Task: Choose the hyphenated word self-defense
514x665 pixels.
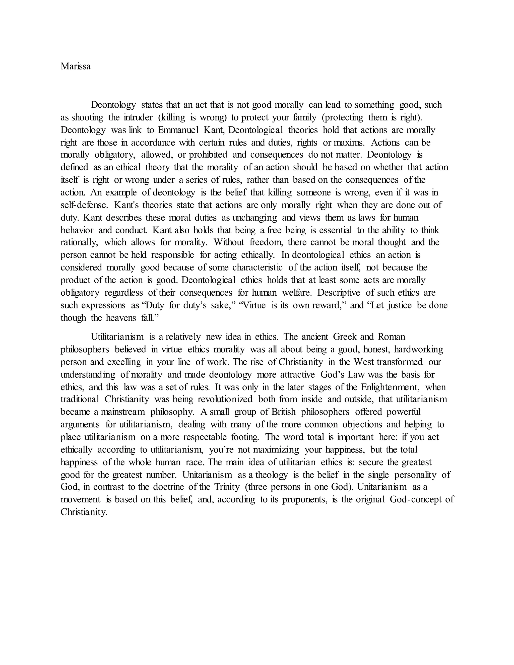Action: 84,205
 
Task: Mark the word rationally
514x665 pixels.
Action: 80,243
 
